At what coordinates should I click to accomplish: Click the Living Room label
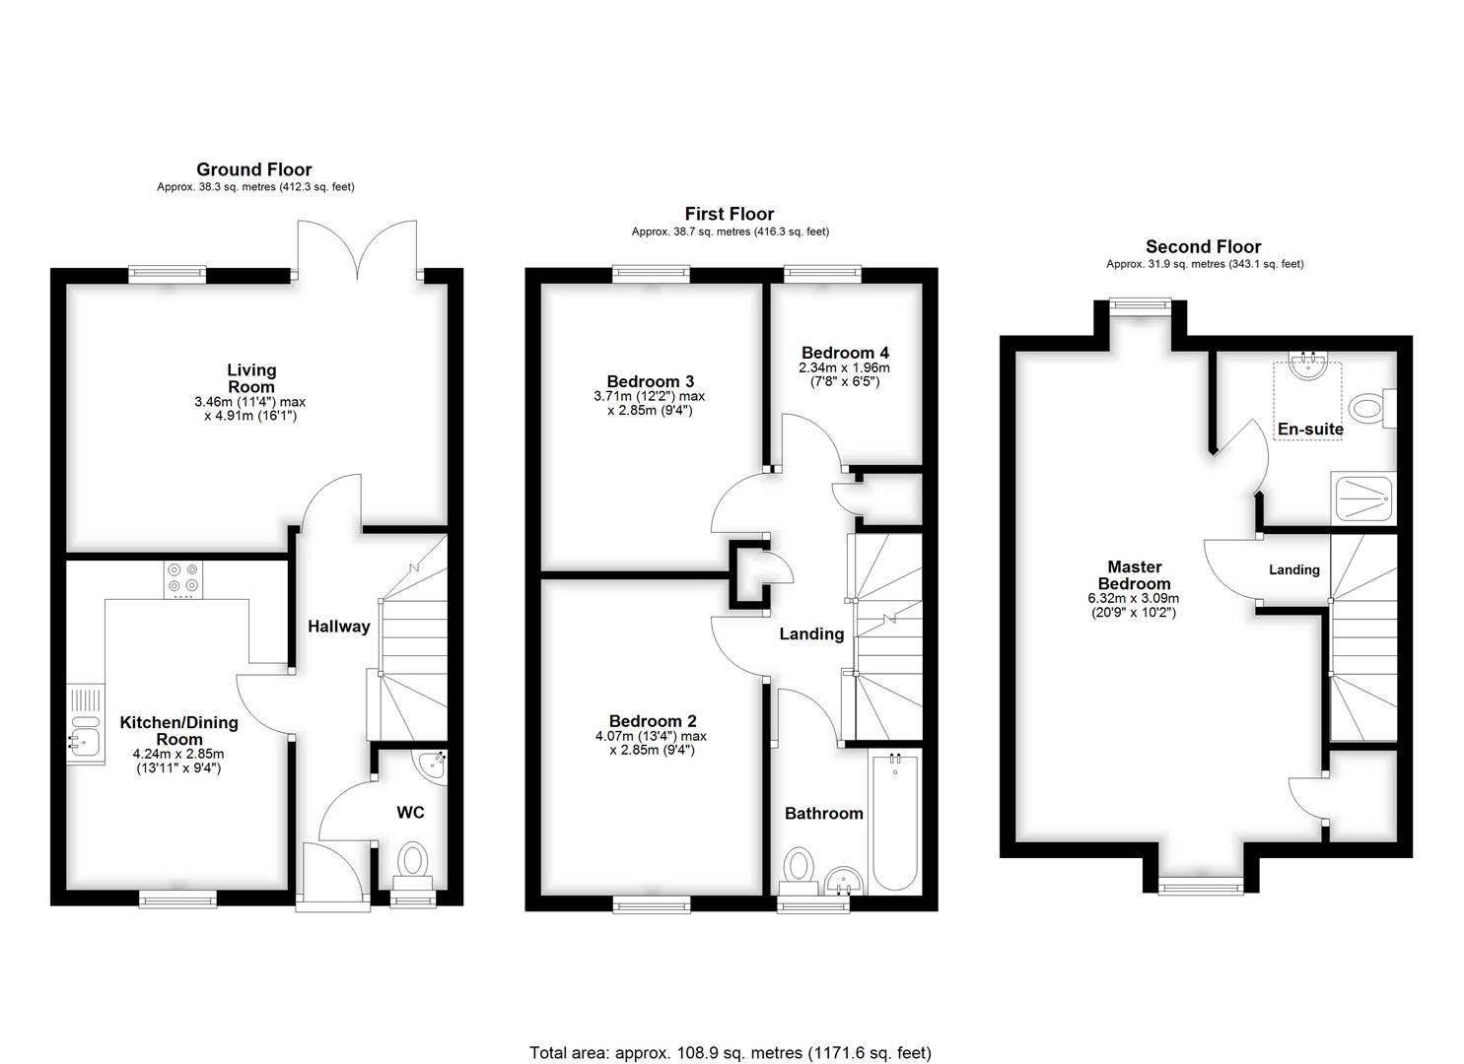[251, 379]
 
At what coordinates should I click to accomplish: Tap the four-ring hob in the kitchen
[183, 579]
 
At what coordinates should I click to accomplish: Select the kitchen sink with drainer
[86, 724]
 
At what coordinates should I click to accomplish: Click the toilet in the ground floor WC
[412, 865]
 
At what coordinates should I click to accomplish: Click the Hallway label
[339, 627]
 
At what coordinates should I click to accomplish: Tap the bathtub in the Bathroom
[895, 821]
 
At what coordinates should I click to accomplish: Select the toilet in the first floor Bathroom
[799, 871]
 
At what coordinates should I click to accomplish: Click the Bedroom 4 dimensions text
[845, 375]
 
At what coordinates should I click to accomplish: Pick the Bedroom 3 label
[651, 381]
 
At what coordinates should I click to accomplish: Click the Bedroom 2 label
[653, 721]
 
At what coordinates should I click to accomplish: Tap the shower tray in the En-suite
[1362, 499]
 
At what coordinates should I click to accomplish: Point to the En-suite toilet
[1372, 409]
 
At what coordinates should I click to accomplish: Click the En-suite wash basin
[1308, 365]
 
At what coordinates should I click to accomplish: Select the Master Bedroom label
[1135, 575]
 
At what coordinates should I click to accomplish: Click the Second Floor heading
[1203, 247]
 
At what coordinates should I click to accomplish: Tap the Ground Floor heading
[254, 169]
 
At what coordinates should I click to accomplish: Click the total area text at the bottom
[731, 1017]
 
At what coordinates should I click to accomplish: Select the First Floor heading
[730, 214]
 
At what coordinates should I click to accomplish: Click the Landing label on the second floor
[1294, 570]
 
